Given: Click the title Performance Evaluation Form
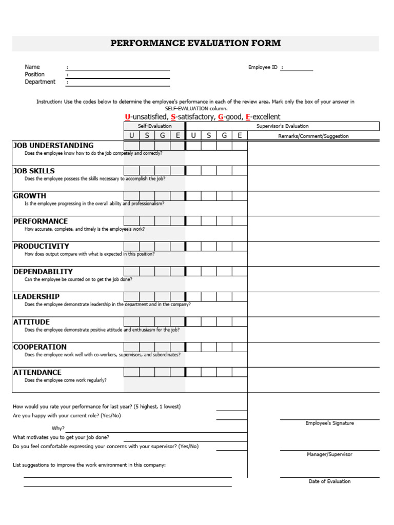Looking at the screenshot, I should pos(195,43).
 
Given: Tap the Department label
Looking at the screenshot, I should pos(40,82).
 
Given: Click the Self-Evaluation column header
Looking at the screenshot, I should pos(154,126).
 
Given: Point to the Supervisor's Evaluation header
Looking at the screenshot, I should pos(282,126).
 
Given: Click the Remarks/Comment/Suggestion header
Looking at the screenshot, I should pos(313,136).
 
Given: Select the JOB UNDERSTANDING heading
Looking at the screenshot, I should pos(53,146).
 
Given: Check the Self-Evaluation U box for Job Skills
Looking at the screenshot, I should pos(131,171).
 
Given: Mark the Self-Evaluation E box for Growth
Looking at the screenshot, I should pos(178,196).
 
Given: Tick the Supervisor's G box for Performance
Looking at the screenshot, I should pos(224,221).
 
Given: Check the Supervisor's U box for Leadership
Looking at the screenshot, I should pos(193,296).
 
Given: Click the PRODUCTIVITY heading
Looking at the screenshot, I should pos(41,246).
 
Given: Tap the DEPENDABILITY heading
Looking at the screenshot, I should pos(43,271).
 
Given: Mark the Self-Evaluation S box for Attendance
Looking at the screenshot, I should pos(147,372).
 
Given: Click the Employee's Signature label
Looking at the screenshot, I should pos(329,423).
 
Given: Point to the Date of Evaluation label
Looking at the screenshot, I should pos(329,481).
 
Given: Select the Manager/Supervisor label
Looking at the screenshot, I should pos(329,454).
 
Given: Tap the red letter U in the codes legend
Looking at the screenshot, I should pos(127,117).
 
